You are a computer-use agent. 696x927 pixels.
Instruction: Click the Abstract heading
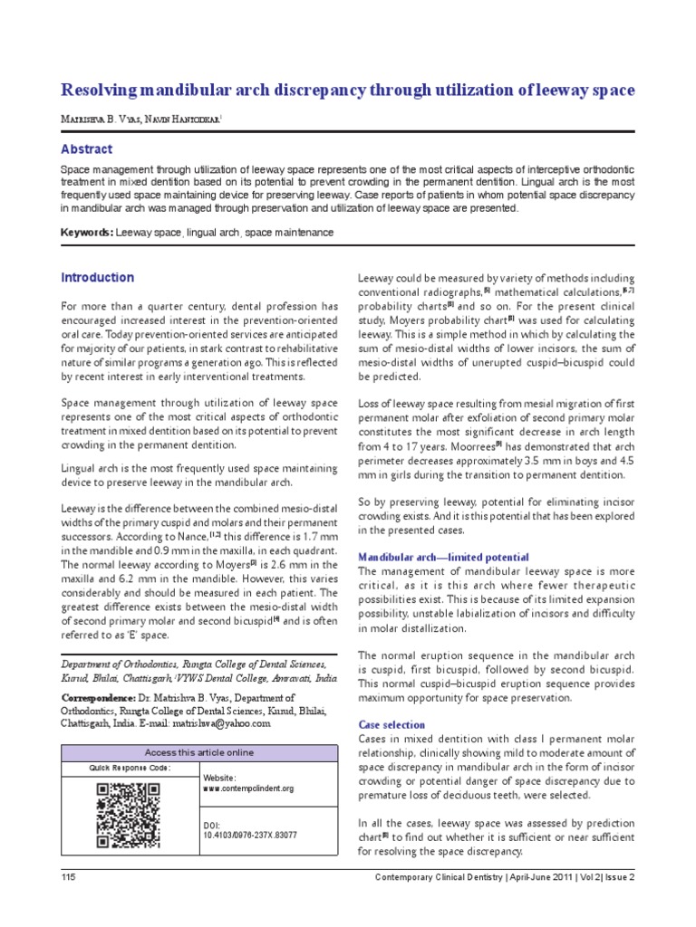point(86,149)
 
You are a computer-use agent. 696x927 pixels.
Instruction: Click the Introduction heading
point(97,278)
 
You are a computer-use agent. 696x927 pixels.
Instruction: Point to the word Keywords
point(86,233)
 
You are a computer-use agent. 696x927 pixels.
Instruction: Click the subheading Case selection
point(391,725)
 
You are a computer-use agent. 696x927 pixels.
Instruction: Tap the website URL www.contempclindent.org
point(249,788)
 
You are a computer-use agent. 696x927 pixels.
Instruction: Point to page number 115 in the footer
point(68,878)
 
